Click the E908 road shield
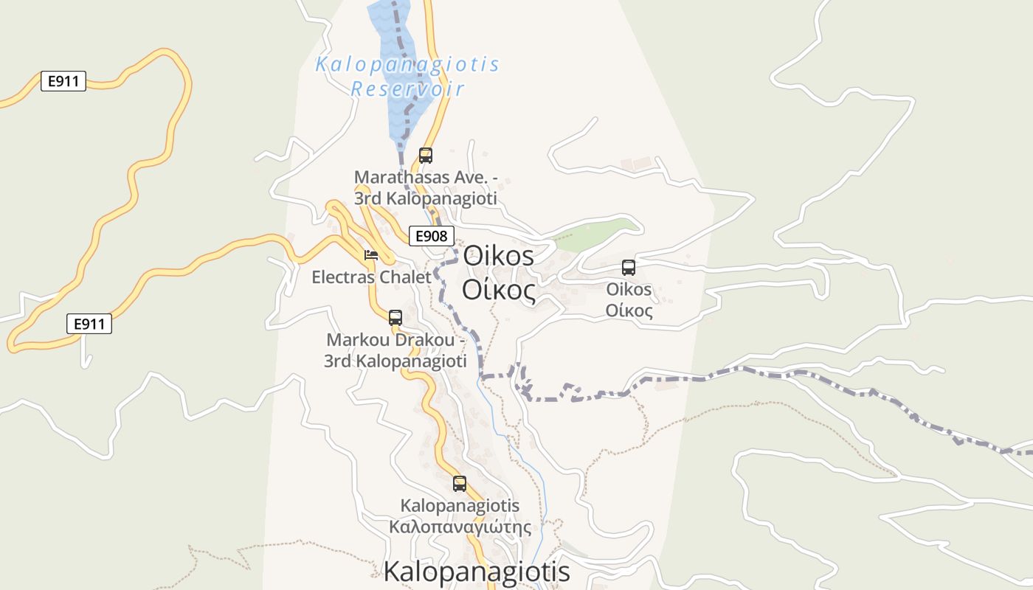click(431, 236)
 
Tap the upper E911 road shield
click(63, 81)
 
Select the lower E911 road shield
click(89, 323)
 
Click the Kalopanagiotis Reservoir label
click(407, 76)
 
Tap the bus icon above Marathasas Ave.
click(426, 155)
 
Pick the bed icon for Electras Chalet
click(371, 255)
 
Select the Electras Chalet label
click(371, 277)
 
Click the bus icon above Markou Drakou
click(395, 318)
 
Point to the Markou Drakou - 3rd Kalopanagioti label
click(395, 351)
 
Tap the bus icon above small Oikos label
click(629, 268)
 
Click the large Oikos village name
click(498, 256)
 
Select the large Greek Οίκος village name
click(498, 291)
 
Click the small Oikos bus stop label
click(629, 289)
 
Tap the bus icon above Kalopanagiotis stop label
click(460, 484)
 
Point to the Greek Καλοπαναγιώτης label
click(460, 527)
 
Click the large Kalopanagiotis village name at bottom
click(477, 572)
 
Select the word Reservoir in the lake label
click(407, 89)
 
